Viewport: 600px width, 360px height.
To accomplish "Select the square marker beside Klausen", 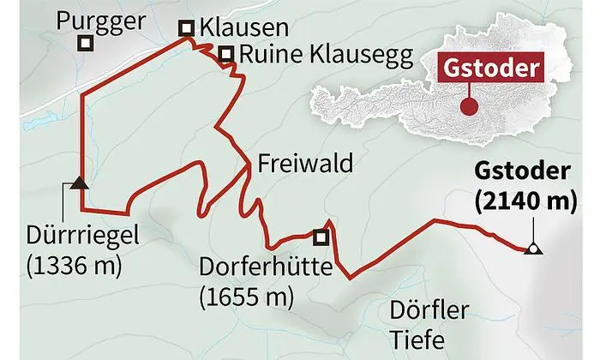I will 185,29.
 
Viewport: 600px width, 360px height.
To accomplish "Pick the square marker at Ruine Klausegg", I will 225,56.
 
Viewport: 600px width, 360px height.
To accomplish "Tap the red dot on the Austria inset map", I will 468,107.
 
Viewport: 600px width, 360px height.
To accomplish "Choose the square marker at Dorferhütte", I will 321,237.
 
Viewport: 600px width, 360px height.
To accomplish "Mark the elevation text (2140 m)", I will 522,201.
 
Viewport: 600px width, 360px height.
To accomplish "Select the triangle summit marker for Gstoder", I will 532,249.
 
